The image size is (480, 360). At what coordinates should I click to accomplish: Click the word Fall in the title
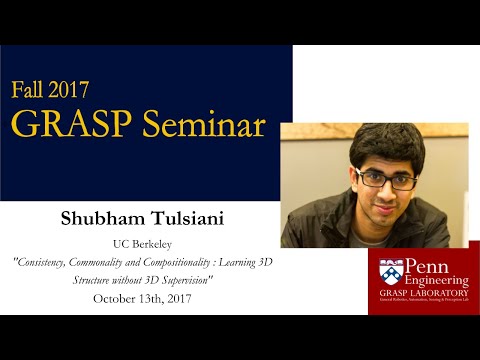32,88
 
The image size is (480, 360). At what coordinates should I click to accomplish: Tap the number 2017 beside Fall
86,88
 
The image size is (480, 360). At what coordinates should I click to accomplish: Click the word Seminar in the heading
204,123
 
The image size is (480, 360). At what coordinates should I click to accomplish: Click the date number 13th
158,298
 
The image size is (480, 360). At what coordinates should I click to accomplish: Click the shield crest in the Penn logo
388,276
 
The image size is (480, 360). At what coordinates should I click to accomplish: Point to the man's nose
384,190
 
